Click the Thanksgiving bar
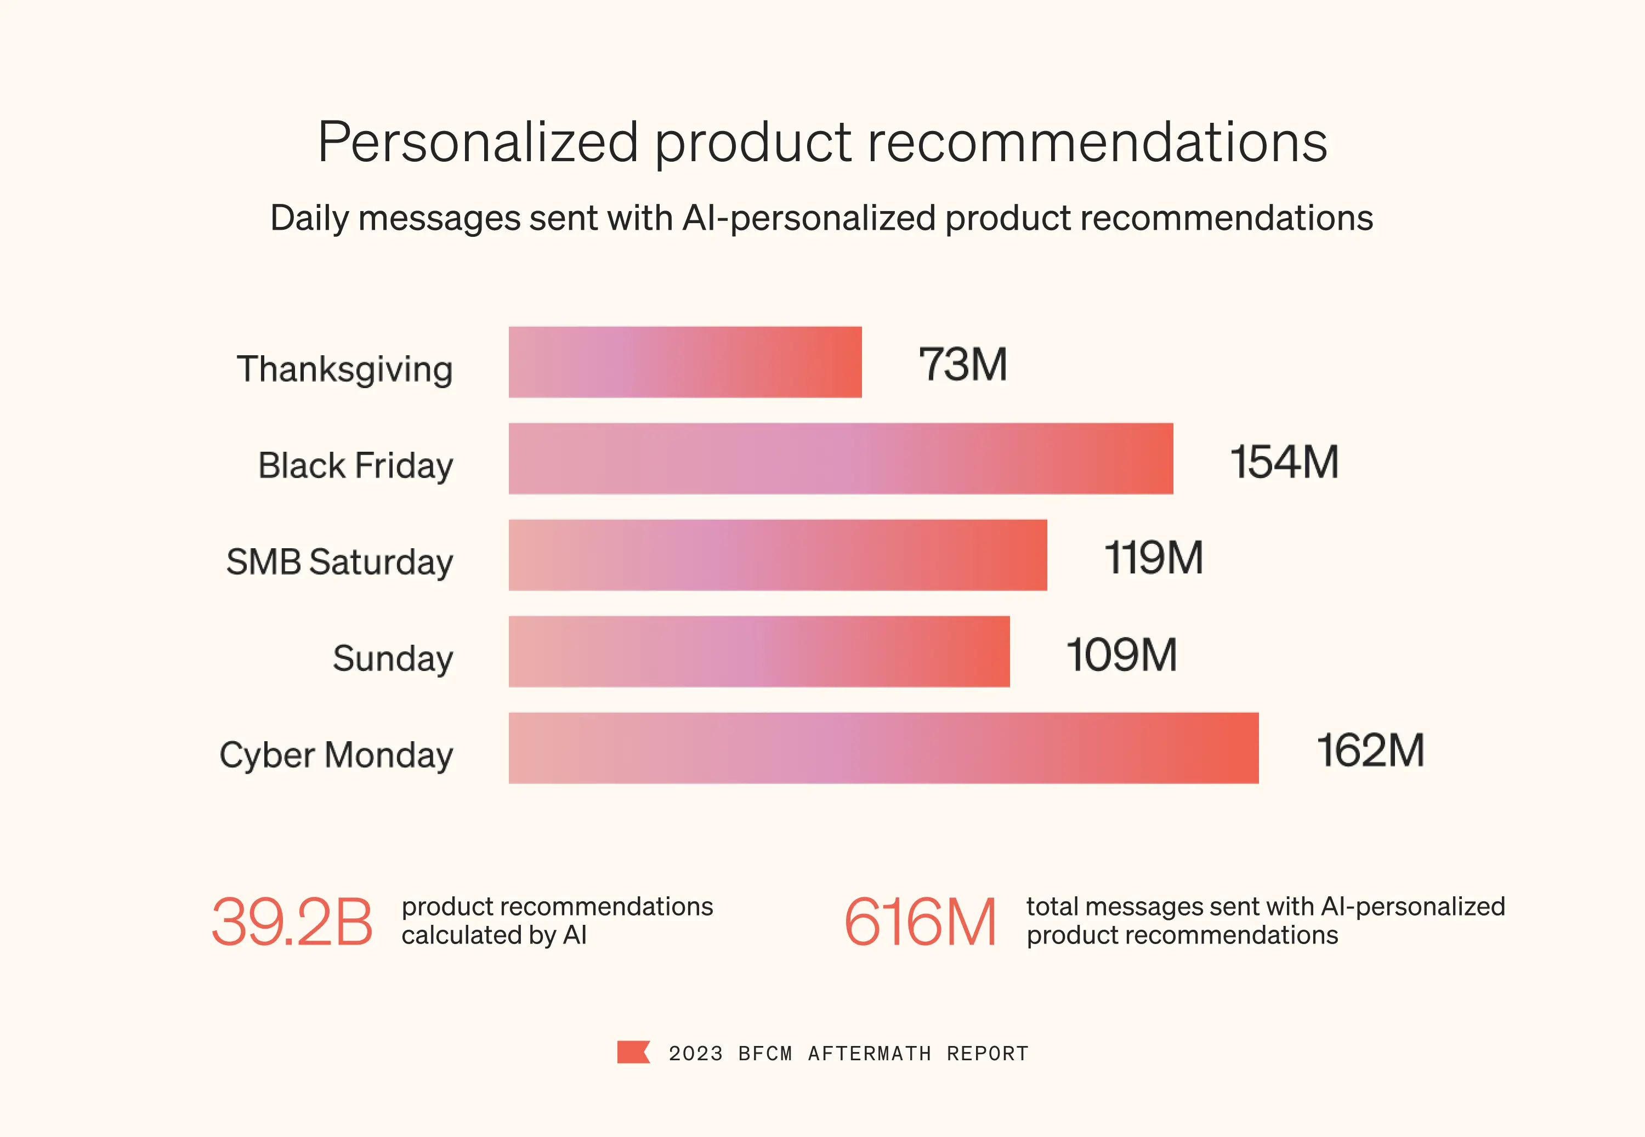click(685, 362)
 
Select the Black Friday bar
click(841, 459)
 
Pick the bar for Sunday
click(759, 651)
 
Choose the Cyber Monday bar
click(883, 748)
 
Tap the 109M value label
click(1121, 654)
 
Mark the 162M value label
click(1370, 750)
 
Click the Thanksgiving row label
click(345, 369)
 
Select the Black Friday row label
click(355, 466)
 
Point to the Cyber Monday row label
click(336, 755)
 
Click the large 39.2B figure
click(292, 922)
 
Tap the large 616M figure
click(920, 922)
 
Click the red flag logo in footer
click(633, 1052)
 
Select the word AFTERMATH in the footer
click(869, 1054)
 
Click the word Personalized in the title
click(478, 143)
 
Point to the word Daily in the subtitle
click(309, 218)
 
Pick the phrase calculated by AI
click(493, 935)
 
